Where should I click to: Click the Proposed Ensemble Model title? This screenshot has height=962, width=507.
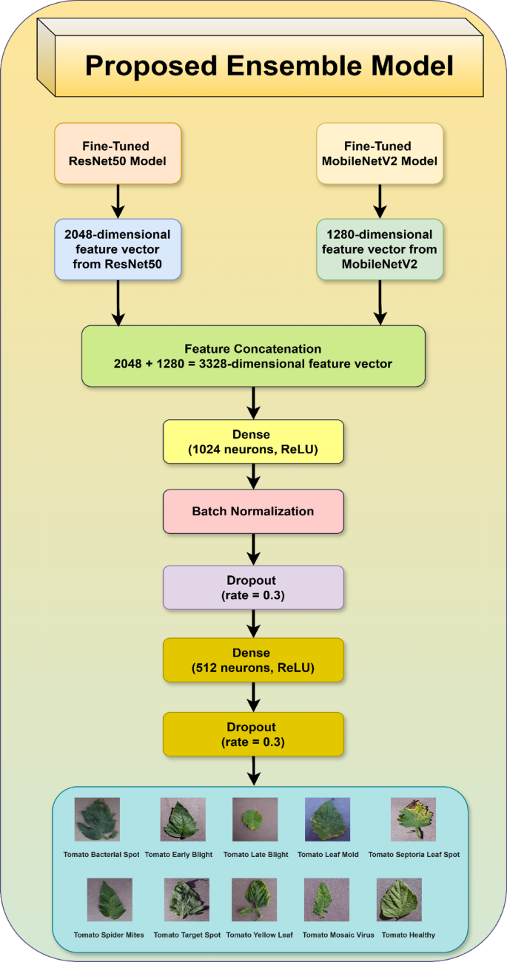[x=268, y=67]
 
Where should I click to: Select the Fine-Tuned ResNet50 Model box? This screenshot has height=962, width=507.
[x=118, y=153]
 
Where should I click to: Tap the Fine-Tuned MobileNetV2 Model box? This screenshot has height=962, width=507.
[x=380, y=153]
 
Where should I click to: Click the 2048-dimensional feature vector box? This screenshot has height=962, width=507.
[x=118, y=249]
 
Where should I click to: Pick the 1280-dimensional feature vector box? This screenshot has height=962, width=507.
[x=380, y=249]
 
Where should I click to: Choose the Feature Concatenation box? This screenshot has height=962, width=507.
[x=253, y=356]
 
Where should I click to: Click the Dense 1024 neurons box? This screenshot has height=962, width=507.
[x=253, y=441]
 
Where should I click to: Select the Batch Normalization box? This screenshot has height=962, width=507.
[x=253, y=511]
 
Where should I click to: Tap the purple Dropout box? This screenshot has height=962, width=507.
[x=253, y=587]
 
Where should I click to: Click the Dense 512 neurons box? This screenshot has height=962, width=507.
[x=253, y=660]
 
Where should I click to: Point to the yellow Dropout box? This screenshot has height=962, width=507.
[x=253, y=734]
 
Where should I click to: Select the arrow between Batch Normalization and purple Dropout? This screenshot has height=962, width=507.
[x=253, y=549]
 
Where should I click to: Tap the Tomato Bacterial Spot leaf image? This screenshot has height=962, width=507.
[x=97, y=819]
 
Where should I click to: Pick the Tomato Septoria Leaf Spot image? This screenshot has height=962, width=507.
[x=413, y=819]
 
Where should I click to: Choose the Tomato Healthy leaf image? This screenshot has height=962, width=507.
[x=399, y=900]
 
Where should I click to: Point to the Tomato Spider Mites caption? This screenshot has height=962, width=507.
[x=109, y=935]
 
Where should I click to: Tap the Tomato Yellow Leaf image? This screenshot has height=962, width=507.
[x=254, y=900]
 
